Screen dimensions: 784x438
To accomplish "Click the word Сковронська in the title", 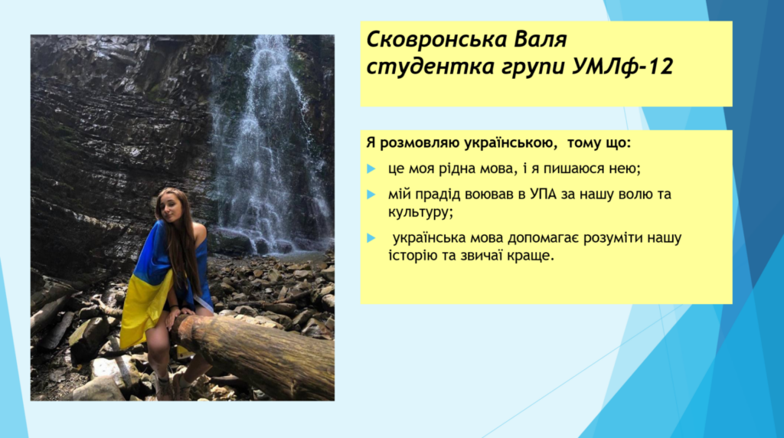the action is pos(434,39).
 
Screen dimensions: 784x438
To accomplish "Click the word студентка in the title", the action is pos(425,67).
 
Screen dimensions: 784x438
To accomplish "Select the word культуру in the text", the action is pos(419,213).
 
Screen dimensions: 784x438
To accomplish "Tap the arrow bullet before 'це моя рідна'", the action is pos(371,169).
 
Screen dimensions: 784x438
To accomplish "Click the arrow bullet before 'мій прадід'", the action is pos(371,194).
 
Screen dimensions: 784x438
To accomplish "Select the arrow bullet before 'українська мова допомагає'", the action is pos(371,238).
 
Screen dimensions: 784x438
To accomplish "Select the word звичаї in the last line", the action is pos(480,256).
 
